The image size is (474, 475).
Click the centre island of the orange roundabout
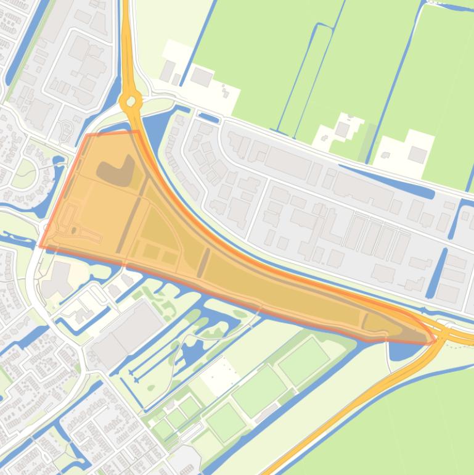coord(131,101)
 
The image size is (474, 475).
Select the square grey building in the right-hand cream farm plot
coord(417,154)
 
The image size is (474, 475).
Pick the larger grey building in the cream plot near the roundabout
coord(201,77)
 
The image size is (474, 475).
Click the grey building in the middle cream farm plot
coord(343,130)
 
